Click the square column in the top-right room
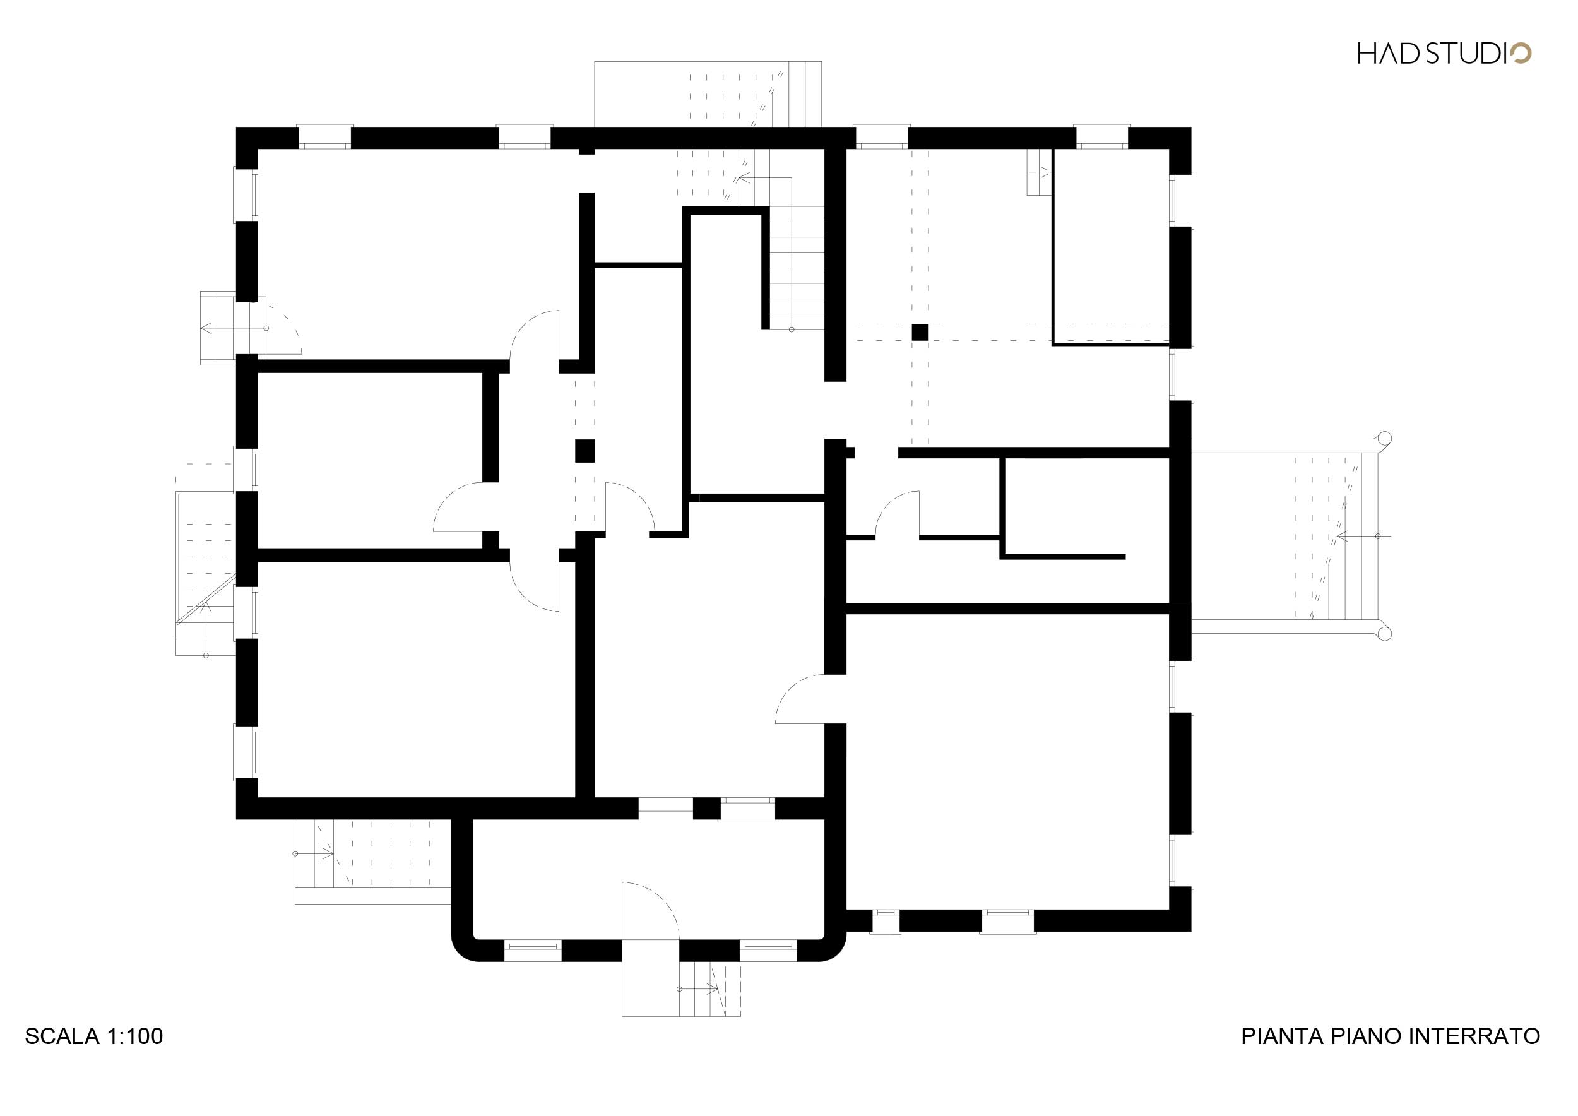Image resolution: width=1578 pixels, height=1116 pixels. [920, 332]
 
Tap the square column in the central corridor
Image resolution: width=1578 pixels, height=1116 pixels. [585, 451]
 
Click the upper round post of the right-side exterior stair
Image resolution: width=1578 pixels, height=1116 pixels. [1384, 439]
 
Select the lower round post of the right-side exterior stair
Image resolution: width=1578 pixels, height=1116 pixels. [1384, 633]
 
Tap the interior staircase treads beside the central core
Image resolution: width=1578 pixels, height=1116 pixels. [796, 269]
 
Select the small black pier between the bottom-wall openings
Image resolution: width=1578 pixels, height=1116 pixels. [706, 807]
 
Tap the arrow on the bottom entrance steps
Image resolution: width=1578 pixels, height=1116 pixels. [699, 989]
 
